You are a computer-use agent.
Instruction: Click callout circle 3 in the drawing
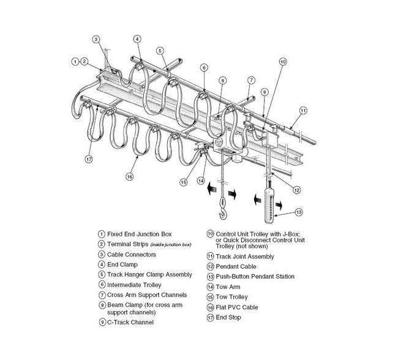96,39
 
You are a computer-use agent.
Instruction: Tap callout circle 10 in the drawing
282,62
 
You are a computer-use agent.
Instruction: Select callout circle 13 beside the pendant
299,212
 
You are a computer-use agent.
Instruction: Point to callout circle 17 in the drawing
89,160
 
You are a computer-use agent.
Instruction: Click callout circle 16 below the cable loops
129,176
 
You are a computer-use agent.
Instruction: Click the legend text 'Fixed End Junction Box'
139,234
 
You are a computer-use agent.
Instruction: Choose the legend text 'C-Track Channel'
130,322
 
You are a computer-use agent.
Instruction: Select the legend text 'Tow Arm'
228,287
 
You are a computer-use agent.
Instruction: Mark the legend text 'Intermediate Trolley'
135,285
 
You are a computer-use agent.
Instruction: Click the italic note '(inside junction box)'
169,245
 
